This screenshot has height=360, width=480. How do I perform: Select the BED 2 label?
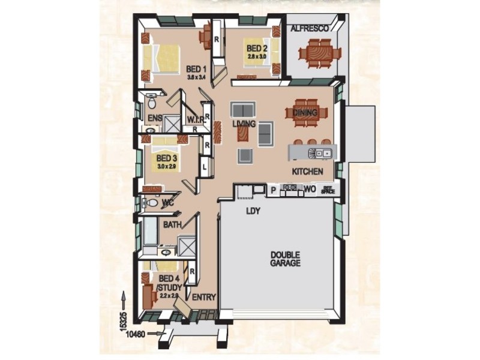(x=256, y=48)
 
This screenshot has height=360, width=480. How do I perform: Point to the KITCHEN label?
(x=308, y=172)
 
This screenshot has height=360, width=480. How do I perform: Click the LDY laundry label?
(x=251, y=211)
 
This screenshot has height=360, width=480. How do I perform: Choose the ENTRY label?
(x=203, y=297)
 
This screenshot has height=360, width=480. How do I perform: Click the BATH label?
(x=172, y=225)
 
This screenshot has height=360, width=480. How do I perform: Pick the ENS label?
(x=154, y=118)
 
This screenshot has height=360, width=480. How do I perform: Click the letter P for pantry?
(x=273, y=190)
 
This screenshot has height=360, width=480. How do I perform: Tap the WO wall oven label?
(x=309, y=190)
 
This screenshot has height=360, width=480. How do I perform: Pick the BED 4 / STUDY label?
(x=169, y=283)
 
